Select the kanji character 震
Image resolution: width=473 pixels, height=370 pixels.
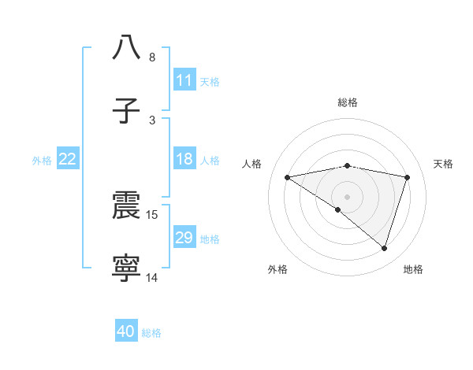(x=127, y=205)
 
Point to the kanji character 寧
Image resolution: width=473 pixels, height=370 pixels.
(x=127, y=268)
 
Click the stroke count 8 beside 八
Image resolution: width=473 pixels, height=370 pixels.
(x=151, y=57)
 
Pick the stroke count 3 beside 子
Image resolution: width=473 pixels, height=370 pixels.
(x=151, y=120)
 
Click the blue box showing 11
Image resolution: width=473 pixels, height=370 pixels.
(x=184, y=80)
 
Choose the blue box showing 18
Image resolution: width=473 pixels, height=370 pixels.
(x=184, y=159)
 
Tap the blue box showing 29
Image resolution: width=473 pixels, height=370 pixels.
(x=184, y=238)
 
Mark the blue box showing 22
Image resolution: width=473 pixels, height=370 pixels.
(x=68, y=159)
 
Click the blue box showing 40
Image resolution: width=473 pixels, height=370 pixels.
(x=126, y=331)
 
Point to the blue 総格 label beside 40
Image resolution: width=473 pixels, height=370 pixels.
(x=151, y=333)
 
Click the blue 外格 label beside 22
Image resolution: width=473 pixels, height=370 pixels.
(x=42, y=161)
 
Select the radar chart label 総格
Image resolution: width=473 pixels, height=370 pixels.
(x=348, y=102)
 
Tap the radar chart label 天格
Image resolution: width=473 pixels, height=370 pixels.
(x=444, y=164)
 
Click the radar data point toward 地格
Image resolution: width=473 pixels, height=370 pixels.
(x=385, y=248)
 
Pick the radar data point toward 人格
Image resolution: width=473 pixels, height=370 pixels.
(x=288, y=177)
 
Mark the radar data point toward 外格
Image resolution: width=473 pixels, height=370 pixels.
(x=338, y=209)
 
